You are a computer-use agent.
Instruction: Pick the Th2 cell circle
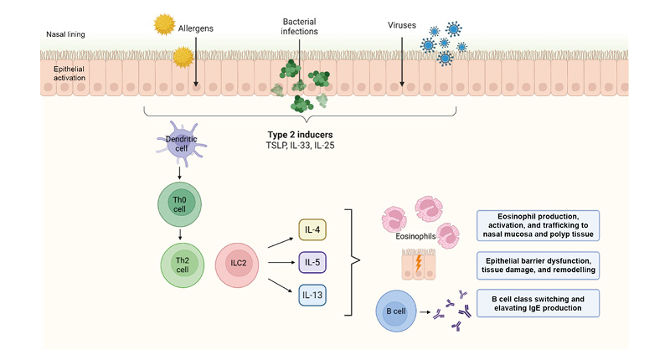tap(180, 265)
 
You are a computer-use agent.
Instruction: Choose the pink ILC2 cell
tap(239, 265)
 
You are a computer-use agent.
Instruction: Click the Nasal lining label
tap(64, 34)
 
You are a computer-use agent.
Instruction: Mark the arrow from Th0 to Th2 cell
tap(178, 234)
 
